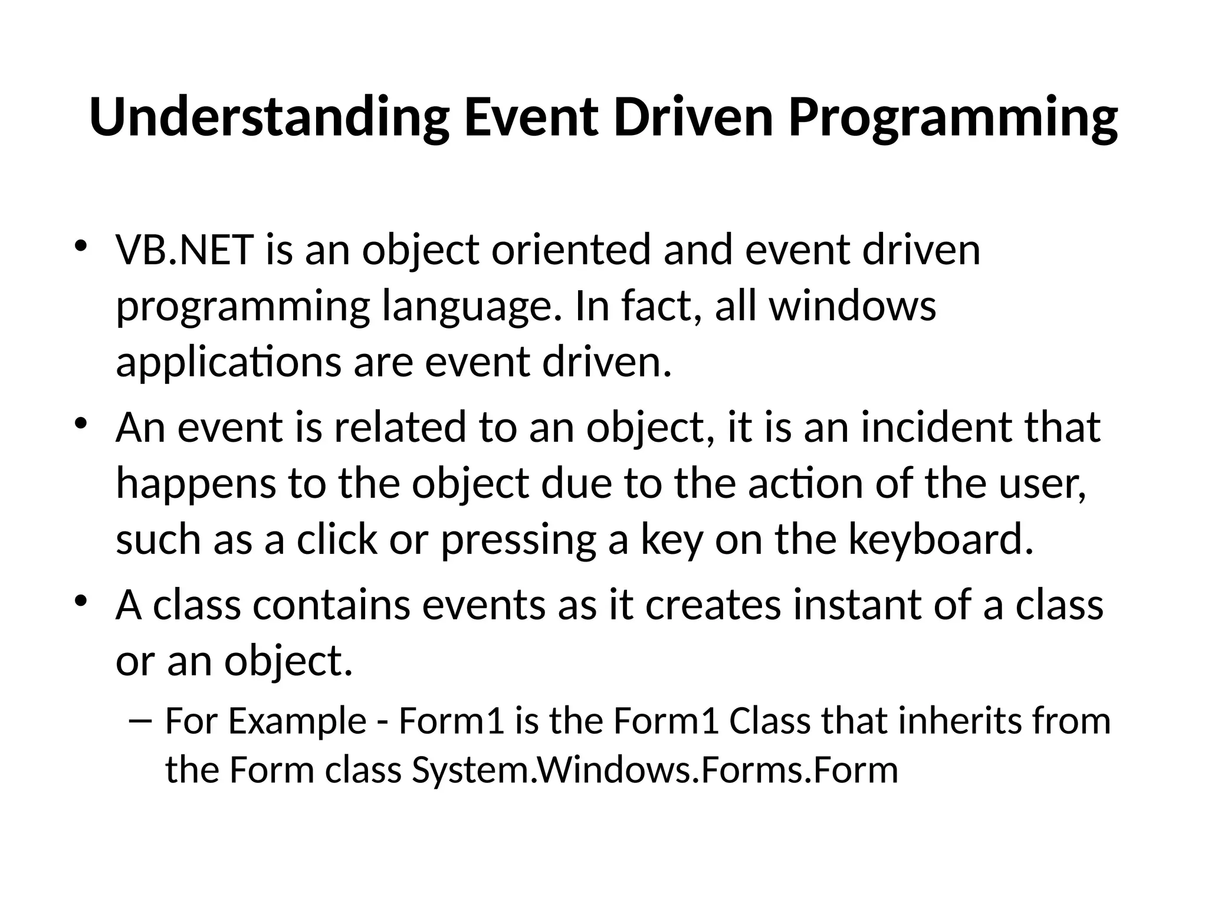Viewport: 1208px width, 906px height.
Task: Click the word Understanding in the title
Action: click(269, 117)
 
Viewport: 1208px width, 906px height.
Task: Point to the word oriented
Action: click(571, 250)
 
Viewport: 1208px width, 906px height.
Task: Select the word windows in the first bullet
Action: click(853, 307)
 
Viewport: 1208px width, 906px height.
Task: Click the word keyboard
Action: click(941, 540)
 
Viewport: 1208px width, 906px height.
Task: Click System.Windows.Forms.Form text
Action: click(655, 770)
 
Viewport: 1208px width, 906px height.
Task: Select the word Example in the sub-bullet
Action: click(297, 721)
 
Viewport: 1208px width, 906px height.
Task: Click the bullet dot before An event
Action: click(81, 424)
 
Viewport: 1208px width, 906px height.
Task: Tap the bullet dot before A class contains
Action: click(81, 602)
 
